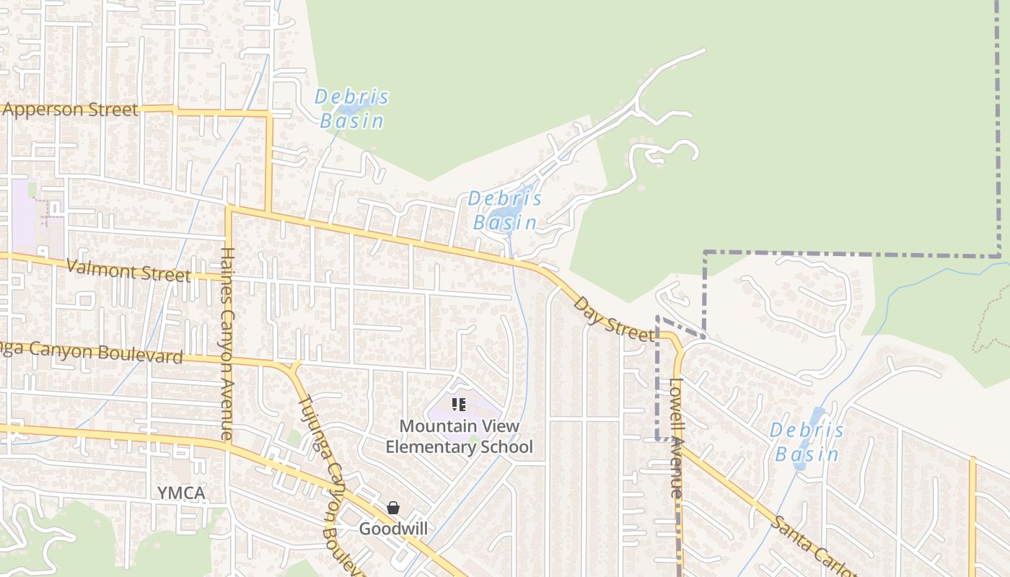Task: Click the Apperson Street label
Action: pos(70,110)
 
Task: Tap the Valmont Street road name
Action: pos(128,271)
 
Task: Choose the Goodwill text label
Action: pos(393,529)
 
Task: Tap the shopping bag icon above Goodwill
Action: pos(393,508)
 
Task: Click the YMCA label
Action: pos(181,493)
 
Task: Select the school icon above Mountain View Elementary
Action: pos(459,405)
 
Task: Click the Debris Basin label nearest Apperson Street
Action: pos(352,108)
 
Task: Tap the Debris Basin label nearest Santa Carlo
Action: pos(806,442)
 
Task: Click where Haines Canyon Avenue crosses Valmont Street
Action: pos(229,276)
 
